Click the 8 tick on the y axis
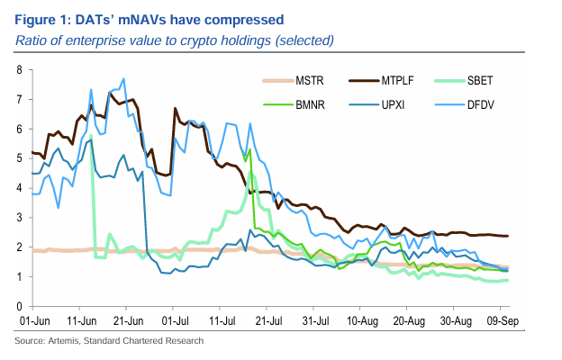tap(19, 69)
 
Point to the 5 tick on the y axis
tap(19, 158)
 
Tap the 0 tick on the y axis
tap(19, 307)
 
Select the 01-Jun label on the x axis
tap(33, 319)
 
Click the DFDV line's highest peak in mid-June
tap(122, 90)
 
